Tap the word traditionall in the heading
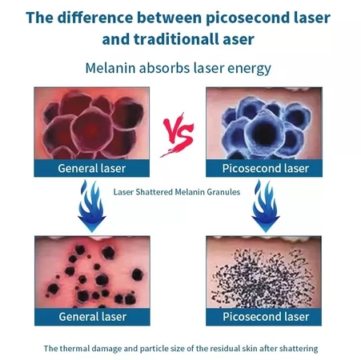click(x=175, y=39)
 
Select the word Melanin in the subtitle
click(x=110, y=68)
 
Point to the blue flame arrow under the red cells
click(x=92, y=206)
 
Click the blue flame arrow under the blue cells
click(x=266, y=206)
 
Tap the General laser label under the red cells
click(x=92, y=168)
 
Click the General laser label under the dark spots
click(x=93, y=317)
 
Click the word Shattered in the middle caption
click(x=154, y=192)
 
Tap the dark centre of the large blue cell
click(x=263, y=131)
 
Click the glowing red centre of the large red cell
click(x=92, y=130)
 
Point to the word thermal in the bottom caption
click(x=74, y=349)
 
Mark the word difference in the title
click(x=95, y=18)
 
